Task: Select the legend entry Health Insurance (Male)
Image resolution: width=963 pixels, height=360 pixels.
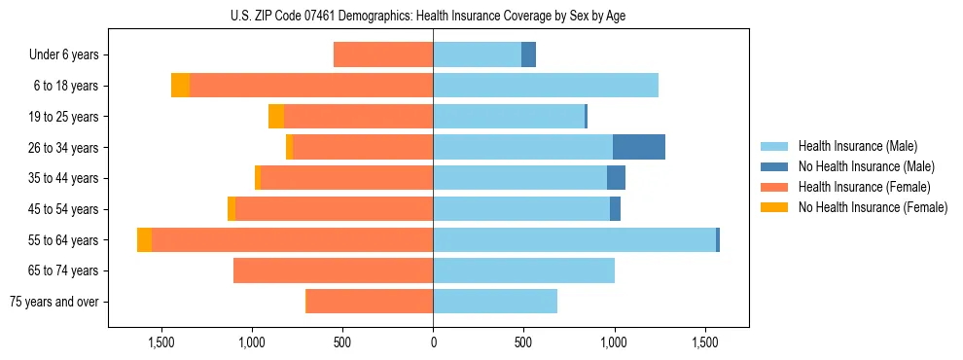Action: pyautogui.click(x=857, y=146)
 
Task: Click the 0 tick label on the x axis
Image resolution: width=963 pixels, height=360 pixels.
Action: pyautogui.click(x=433, y=342)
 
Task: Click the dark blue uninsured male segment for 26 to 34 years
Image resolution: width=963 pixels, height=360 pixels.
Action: pyautogui.click(x=639, y=147)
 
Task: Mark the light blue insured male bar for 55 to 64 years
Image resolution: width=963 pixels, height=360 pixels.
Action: pyautogui.click(x=574, y=239)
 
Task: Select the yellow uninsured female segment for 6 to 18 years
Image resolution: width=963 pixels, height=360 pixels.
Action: pyautogui.click(x=180, y=86)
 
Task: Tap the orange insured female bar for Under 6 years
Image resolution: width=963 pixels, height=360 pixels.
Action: pyautogui.click(x=383, y=54)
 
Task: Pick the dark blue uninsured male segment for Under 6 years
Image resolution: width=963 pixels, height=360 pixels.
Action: pyautogui.click(x=528, y=54)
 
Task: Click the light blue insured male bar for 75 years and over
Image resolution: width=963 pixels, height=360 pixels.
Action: pyautogui.click(x=495, y=302)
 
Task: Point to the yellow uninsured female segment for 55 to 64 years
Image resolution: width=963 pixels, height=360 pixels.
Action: pyautogui.click(x=144, y=239)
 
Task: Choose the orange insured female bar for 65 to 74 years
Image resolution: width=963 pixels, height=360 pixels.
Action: pyautogui.click(x=333, y=270)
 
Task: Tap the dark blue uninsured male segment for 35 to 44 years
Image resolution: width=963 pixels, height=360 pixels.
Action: pyautogui.click(x=616, y=178)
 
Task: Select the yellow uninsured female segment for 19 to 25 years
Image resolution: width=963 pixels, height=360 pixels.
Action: pyautogui.click(x=276, y=117)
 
